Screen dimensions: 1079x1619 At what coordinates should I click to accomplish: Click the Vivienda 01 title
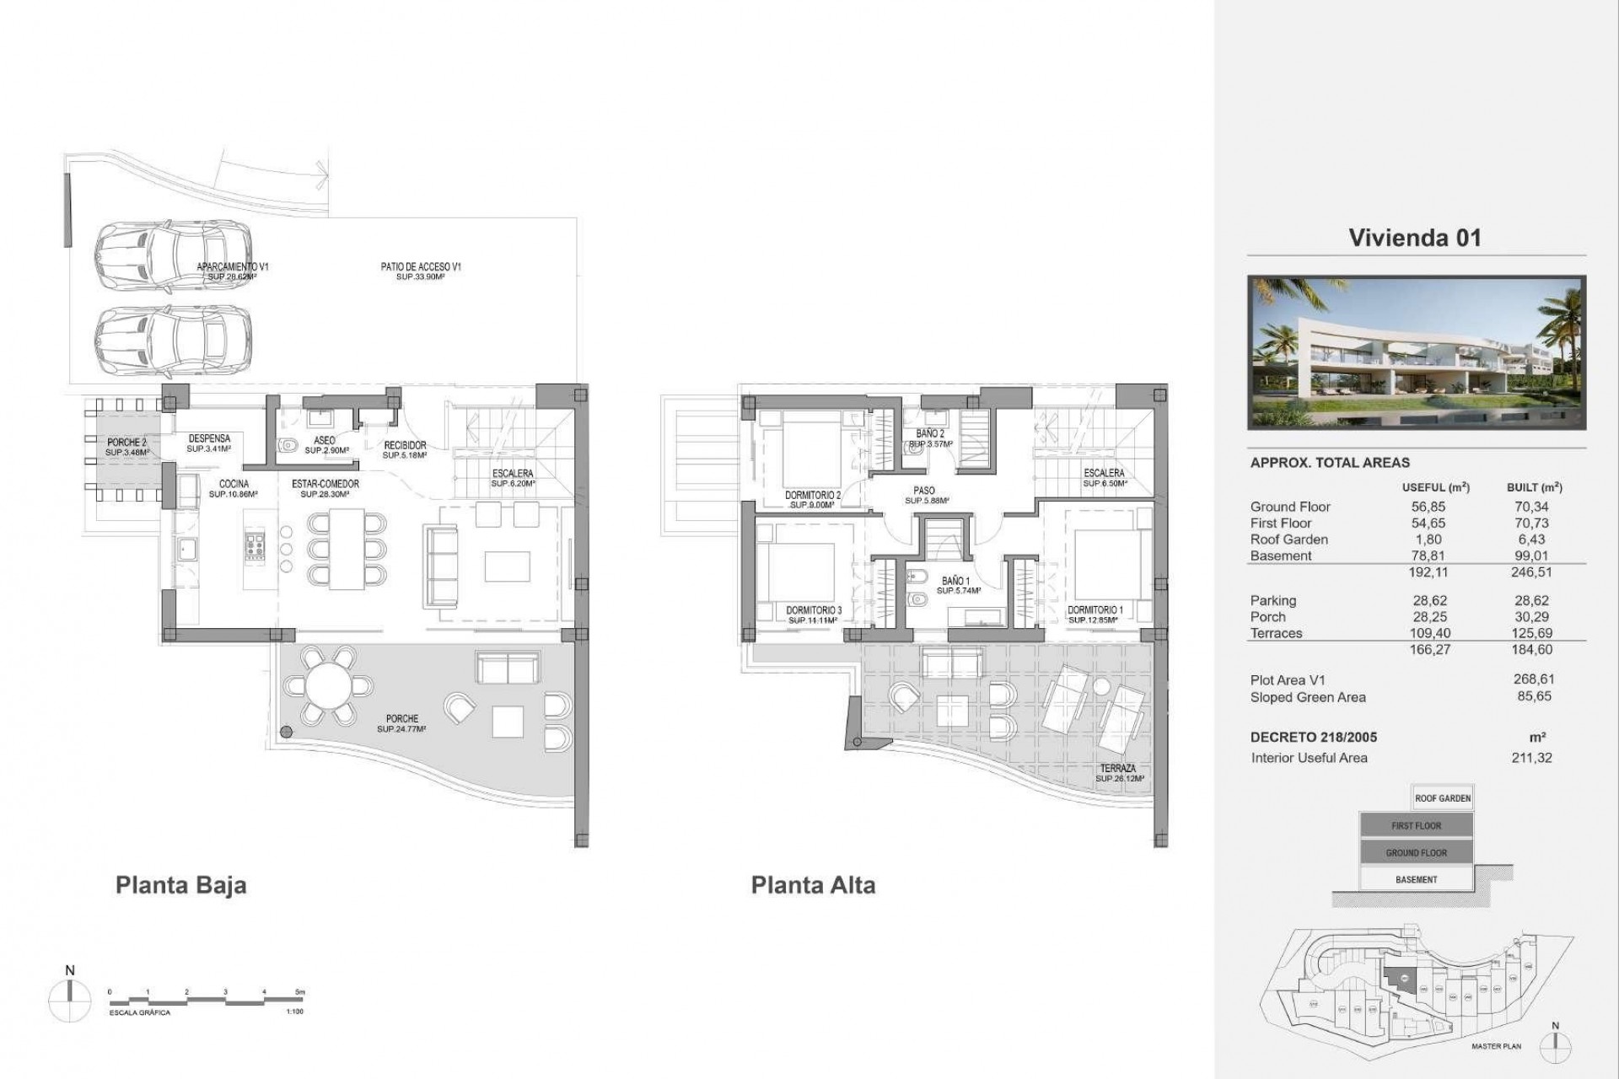(1415, 238)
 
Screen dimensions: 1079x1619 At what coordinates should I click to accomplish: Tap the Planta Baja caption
(180, 886)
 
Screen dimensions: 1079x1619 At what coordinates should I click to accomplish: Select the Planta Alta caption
(813, 885)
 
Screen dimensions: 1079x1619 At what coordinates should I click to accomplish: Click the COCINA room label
(234, 484)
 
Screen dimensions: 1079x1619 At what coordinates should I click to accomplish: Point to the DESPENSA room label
(209, 438)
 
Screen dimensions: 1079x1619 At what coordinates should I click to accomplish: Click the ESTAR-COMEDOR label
(325, 484)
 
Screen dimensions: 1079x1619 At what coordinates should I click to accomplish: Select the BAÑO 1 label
(955, 581)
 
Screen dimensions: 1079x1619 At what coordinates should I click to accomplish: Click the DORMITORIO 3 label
(814, 610)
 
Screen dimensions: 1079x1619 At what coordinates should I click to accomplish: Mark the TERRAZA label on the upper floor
(1117, 769)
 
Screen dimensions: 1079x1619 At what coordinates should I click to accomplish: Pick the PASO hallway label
(924, 491)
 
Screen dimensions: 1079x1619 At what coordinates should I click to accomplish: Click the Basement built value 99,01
(1534, 556)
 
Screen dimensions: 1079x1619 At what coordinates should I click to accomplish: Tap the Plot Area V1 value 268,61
(1534, 679)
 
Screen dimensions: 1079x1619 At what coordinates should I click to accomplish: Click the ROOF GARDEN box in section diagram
(1442, 798)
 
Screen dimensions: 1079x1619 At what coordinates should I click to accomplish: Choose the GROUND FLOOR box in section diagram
(1416, 853)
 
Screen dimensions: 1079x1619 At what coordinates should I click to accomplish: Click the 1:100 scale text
(295, 1012)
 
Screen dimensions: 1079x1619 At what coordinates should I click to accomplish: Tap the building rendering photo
(1417, 352)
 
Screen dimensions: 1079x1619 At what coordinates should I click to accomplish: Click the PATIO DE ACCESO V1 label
(420, 267)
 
